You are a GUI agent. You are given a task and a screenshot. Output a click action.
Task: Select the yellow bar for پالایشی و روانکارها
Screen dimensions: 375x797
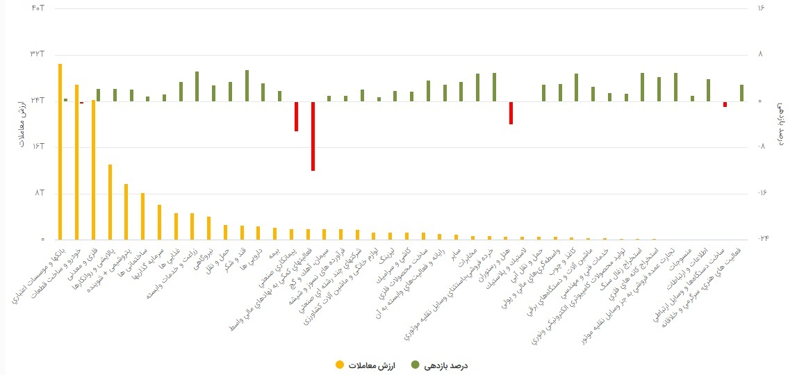(x=110, y=201)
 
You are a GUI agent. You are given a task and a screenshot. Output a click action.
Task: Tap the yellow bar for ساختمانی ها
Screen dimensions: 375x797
(x=142, y=216)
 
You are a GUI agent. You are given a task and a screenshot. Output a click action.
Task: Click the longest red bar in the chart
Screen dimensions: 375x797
(x=313, y=136)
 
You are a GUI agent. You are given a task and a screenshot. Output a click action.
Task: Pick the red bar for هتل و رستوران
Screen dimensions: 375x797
(x=511, y=113)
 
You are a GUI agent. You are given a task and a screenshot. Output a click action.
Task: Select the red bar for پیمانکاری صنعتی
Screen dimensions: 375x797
(x=296, y=117)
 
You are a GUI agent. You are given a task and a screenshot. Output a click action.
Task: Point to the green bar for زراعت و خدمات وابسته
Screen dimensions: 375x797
(x=197, y=86)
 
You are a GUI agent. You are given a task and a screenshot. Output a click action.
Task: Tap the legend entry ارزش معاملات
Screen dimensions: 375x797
(x=365, y=365)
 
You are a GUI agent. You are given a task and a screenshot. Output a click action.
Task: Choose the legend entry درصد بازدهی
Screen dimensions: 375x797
(x=441, y=365)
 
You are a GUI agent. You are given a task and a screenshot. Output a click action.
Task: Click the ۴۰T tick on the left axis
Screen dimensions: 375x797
(x=37, y=8)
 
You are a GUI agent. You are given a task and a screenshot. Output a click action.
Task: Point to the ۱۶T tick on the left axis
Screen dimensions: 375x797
(x=37, y=147)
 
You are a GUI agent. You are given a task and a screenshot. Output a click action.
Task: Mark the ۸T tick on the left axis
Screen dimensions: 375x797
(x=39, y=193)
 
